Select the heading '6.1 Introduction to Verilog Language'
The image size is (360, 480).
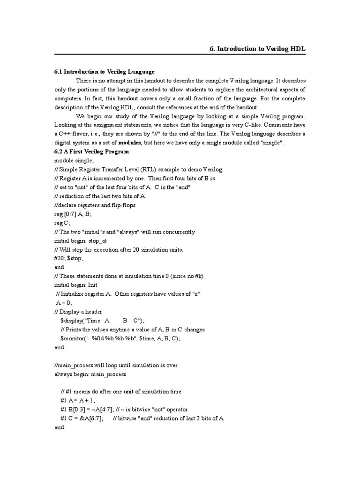pyautogui.click(x=104, y=72)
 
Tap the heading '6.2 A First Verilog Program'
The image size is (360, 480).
pyautogui.click(x=91, y=152)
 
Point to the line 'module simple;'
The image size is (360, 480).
pyautogui.click(x=74, y=160)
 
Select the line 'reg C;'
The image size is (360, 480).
pyautogui.click(x=63, y=223)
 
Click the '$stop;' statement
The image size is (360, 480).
pyautogui.click(x=75, y=258)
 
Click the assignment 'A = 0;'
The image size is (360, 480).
pyautogui.click(x=64, y=303)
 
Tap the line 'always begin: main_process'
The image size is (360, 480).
pyautogui.click(x=90, y=374)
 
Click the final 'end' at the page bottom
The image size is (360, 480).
pyautogui.click(x=59, y=427)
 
